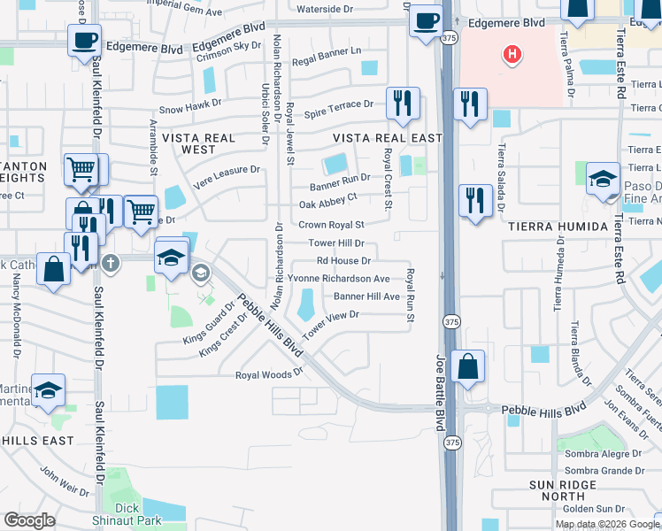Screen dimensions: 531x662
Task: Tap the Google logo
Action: pos(30,520)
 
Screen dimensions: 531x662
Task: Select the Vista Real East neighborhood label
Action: pos(387,138)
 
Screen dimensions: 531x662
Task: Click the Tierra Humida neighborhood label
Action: pos(558,227)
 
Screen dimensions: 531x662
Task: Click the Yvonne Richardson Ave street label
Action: pos(339,278)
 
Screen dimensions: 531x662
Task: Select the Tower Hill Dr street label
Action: pos(336,242)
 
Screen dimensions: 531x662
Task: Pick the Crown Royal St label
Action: pos(332,225)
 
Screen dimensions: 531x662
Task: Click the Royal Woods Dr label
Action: pos(269,374)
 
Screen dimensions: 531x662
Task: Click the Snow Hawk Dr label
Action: pos(190,109)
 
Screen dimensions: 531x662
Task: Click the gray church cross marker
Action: pos(110,263)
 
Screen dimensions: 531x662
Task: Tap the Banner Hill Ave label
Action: pos(366,296)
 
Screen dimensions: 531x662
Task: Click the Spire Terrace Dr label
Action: pos(339,104)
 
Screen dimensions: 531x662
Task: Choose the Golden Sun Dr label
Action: pos(593,508)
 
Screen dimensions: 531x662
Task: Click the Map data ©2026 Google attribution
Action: pos(606,524)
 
